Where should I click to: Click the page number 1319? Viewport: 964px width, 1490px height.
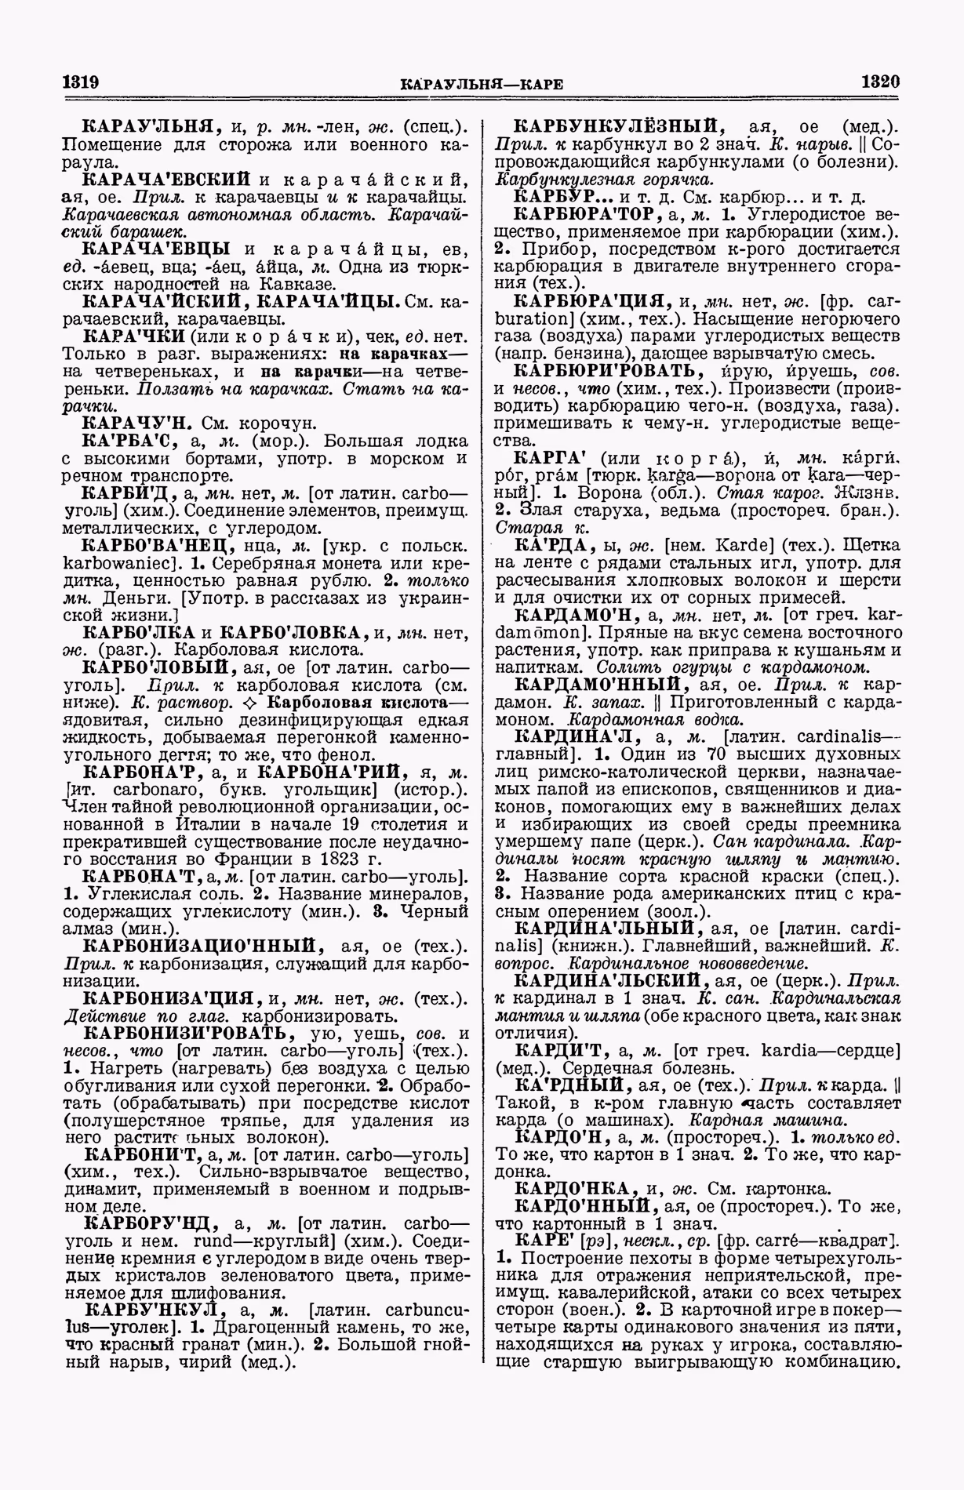click(x=78, y=82)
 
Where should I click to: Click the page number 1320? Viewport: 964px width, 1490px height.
click(x=880, y=82)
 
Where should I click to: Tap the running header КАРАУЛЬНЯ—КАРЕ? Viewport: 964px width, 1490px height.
click(x=481, y=84)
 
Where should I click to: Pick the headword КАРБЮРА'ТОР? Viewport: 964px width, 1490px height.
click(x=589, y=214)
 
